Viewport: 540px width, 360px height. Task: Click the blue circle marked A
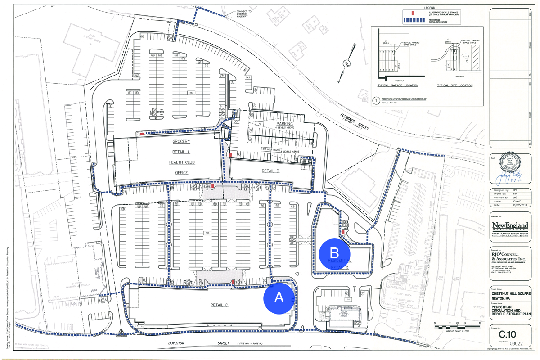click(279, 297)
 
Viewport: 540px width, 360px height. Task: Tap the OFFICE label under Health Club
click(179, 173)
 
